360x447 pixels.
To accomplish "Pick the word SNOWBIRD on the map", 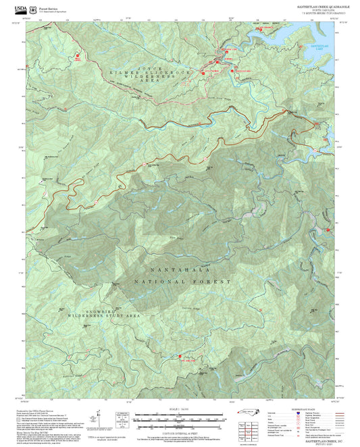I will pyautogui.click(x=85, y=313).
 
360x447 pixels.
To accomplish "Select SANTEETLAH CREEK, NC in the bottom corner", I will pyautogui.click(x=318, y=440).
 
